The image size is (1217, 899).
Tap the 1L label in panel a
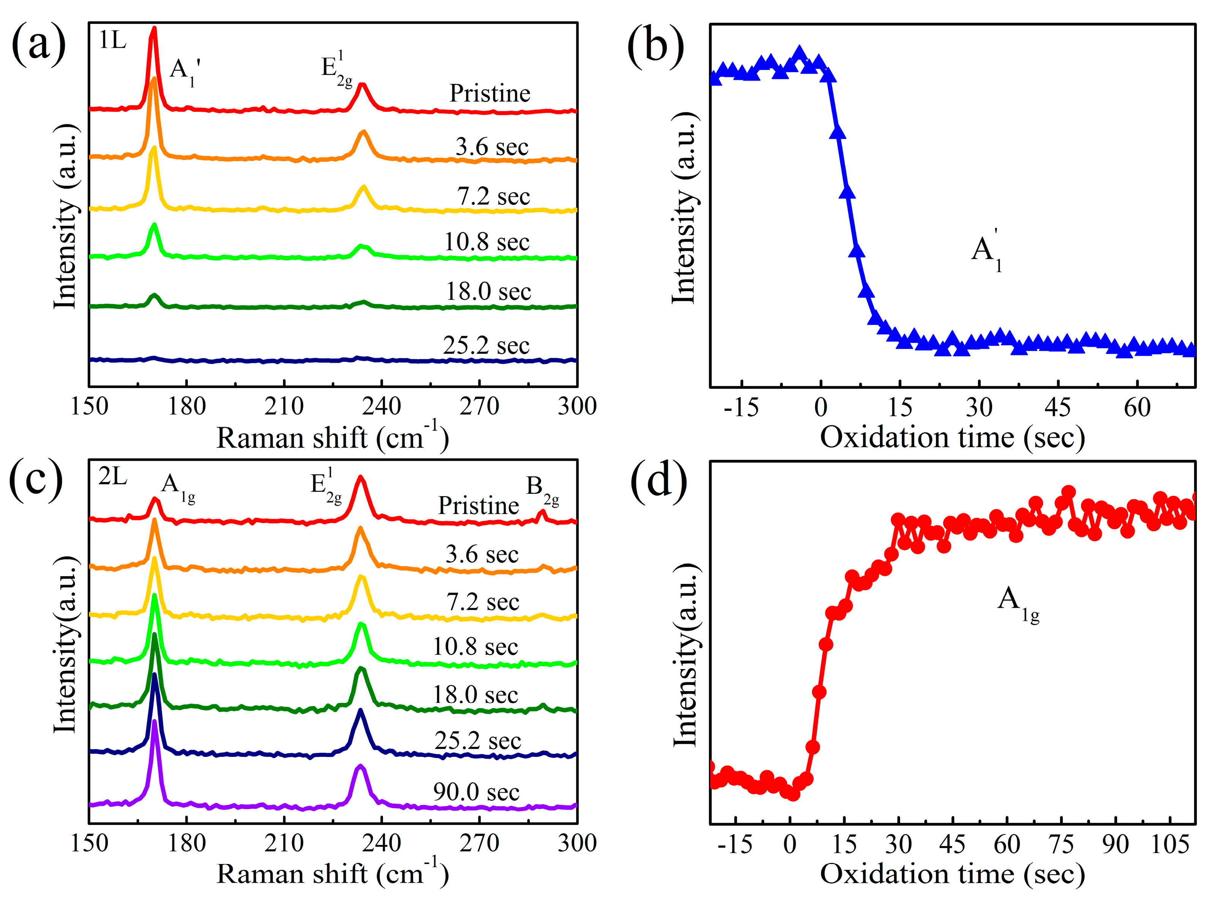[x=112, y=41]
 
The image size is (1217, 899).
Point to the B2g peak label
[x=542, y=488]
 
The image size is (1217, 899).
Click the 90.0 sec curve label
[x=476, y=792]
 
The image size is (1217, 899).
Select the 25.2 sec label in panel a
[x=486, y=345]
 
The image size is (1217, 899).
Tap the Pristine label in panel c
[x=478, y=506]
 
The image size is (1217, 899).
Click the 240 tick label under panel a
[x=382, y=406]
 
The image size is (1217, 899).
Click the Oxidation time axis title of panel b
[x=952, y=437]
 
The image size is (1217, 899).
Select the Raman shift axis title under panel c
[x=332, y=875]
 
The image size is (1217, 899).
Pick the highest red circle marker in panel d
[x=1068, y=492]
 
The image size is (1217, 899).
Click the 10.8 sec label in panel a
[x=487, y=242]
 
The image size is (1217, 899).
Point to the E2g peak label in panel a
[x=336, y=70]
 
